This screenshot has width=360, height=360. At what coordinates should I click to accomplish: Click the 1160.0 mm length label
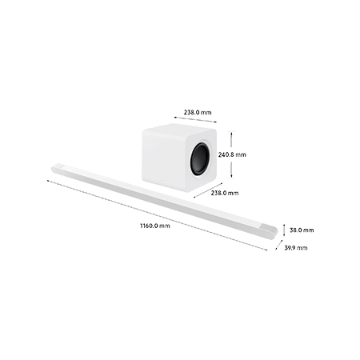click(155, 226)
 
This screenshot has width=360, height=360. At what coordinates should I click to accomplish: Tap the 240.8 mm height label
click(232, 154)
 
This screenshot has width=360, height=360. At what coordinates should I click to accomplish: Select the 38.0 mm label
click(302, 230)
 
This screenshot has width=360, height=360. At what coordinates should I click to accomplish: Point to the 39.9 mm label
click(296, 248)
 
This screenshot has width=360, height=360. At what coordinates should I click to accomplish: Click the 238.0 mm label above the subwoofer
click(198, 112)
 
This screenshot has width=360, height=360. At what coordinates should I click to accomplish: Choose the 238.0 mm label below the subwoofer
click(225, 193)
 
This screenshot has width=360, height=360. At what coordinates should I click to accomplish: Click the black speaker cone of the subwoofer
click(200, 159)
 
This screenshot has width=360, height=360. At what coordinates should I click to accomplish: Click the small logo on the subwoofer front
click(162, 180)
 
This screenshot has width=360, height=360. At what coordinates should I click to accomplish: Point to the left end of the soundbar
click(57, 169)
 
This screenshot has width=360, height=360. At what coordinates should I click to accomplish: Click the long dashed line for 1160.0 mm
click(157, 215)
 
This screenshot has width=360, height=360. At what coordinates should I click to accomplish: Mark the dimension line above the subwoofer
click(195, 119)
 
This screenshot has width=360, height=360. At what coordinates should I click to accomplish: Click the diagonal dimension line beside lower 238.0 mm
click(208, 190)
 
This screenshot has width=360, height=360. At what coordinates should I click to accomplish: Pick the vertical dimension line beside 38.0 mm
click(284, 230)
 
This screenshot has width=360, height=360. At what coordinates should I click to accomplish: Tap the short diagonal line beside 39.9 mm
click(279, 245)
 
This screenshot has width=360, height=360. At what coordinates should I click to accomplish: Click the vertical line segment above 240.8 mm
click(231, 141)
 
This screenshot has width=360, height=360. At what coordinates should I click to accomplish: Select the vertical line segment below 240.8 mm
click(231, 169)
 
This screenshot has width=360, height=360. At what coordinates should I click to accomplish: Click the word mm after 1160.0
click(165, 226)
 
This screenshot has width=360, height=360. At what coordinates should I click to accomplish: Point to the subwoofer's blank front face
click(166, 158)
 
